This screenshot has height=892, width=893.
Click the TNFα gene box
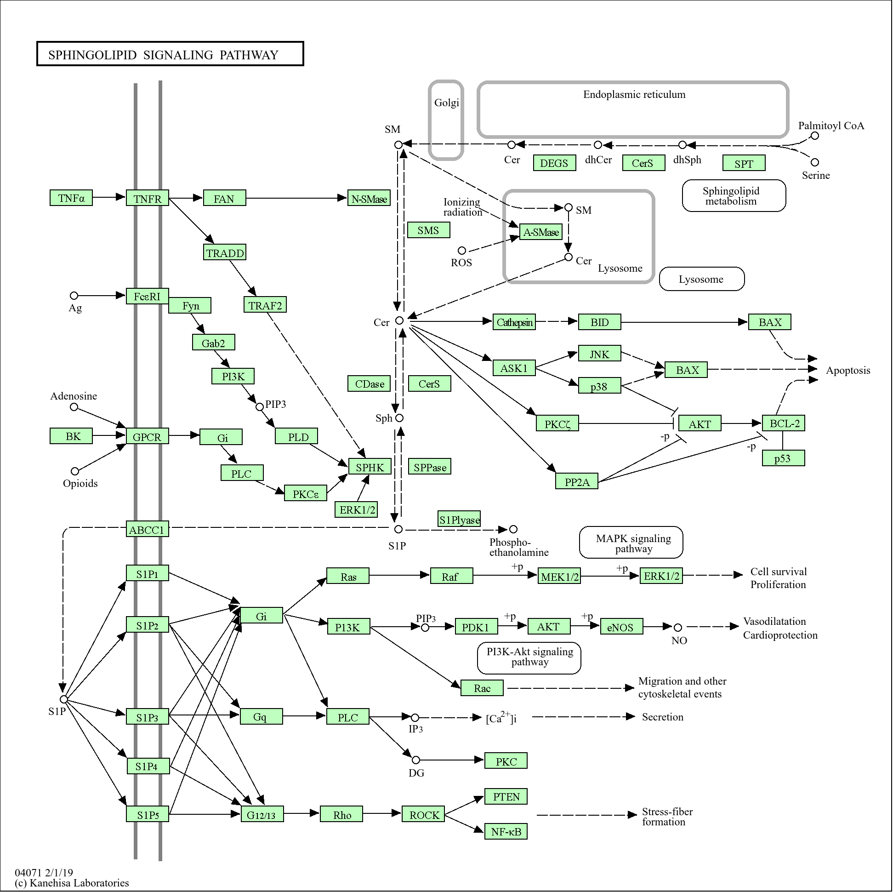pyautogui.click(x=71, y=198)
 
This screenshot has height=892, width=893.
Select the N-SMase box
pyautogui.click(x=369, y=198)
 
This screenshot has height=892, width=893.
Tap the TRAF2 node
pyautogui.click(x=265, y=305)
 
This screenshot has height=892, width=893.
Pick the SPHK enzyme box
pyautogui.click(x=370, y=467)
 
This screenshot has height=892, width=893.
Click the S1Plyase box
pyautogui.click(x=460, y=519)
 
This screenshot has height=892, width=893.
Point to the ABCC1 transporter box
pyautogui.click(x=148, y=529)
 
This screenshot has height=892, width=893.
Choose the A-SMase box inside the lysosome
pyautogui.click(x=541, y=232)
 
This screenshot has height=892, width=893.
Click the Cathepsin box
pyautogui.click(x=514, y=322)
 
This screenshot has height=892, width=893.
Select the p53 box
pyautogui.click(x=784, y=458)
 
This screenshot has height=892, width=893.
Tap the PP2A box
pyautogui.click(x=577, y=481)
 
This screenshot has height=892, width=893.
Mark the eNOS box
pyautogui.click(x=621, y=627)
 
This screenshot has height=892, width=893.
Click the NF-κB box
pyautogui.click(x=506, y=831)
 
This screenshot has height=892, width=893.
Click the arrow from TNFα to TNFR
pyautogui.click(x=109, y=197)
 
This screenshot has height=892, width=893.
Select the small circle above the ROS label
pyautogui.click(x=462, y=251)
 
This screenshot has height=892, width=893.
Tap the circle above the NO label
pyautogui.click(x=677, y=628)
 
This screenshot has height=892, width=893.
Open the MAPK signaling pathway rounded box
pyautogui.click(x=631, y=543)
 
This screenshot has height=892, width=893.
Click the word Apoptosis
pyautogui.click(x=848, y=371)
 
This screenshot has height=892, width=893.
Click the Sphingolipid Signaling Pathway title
pyautogui.click(x=163, y=55)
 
